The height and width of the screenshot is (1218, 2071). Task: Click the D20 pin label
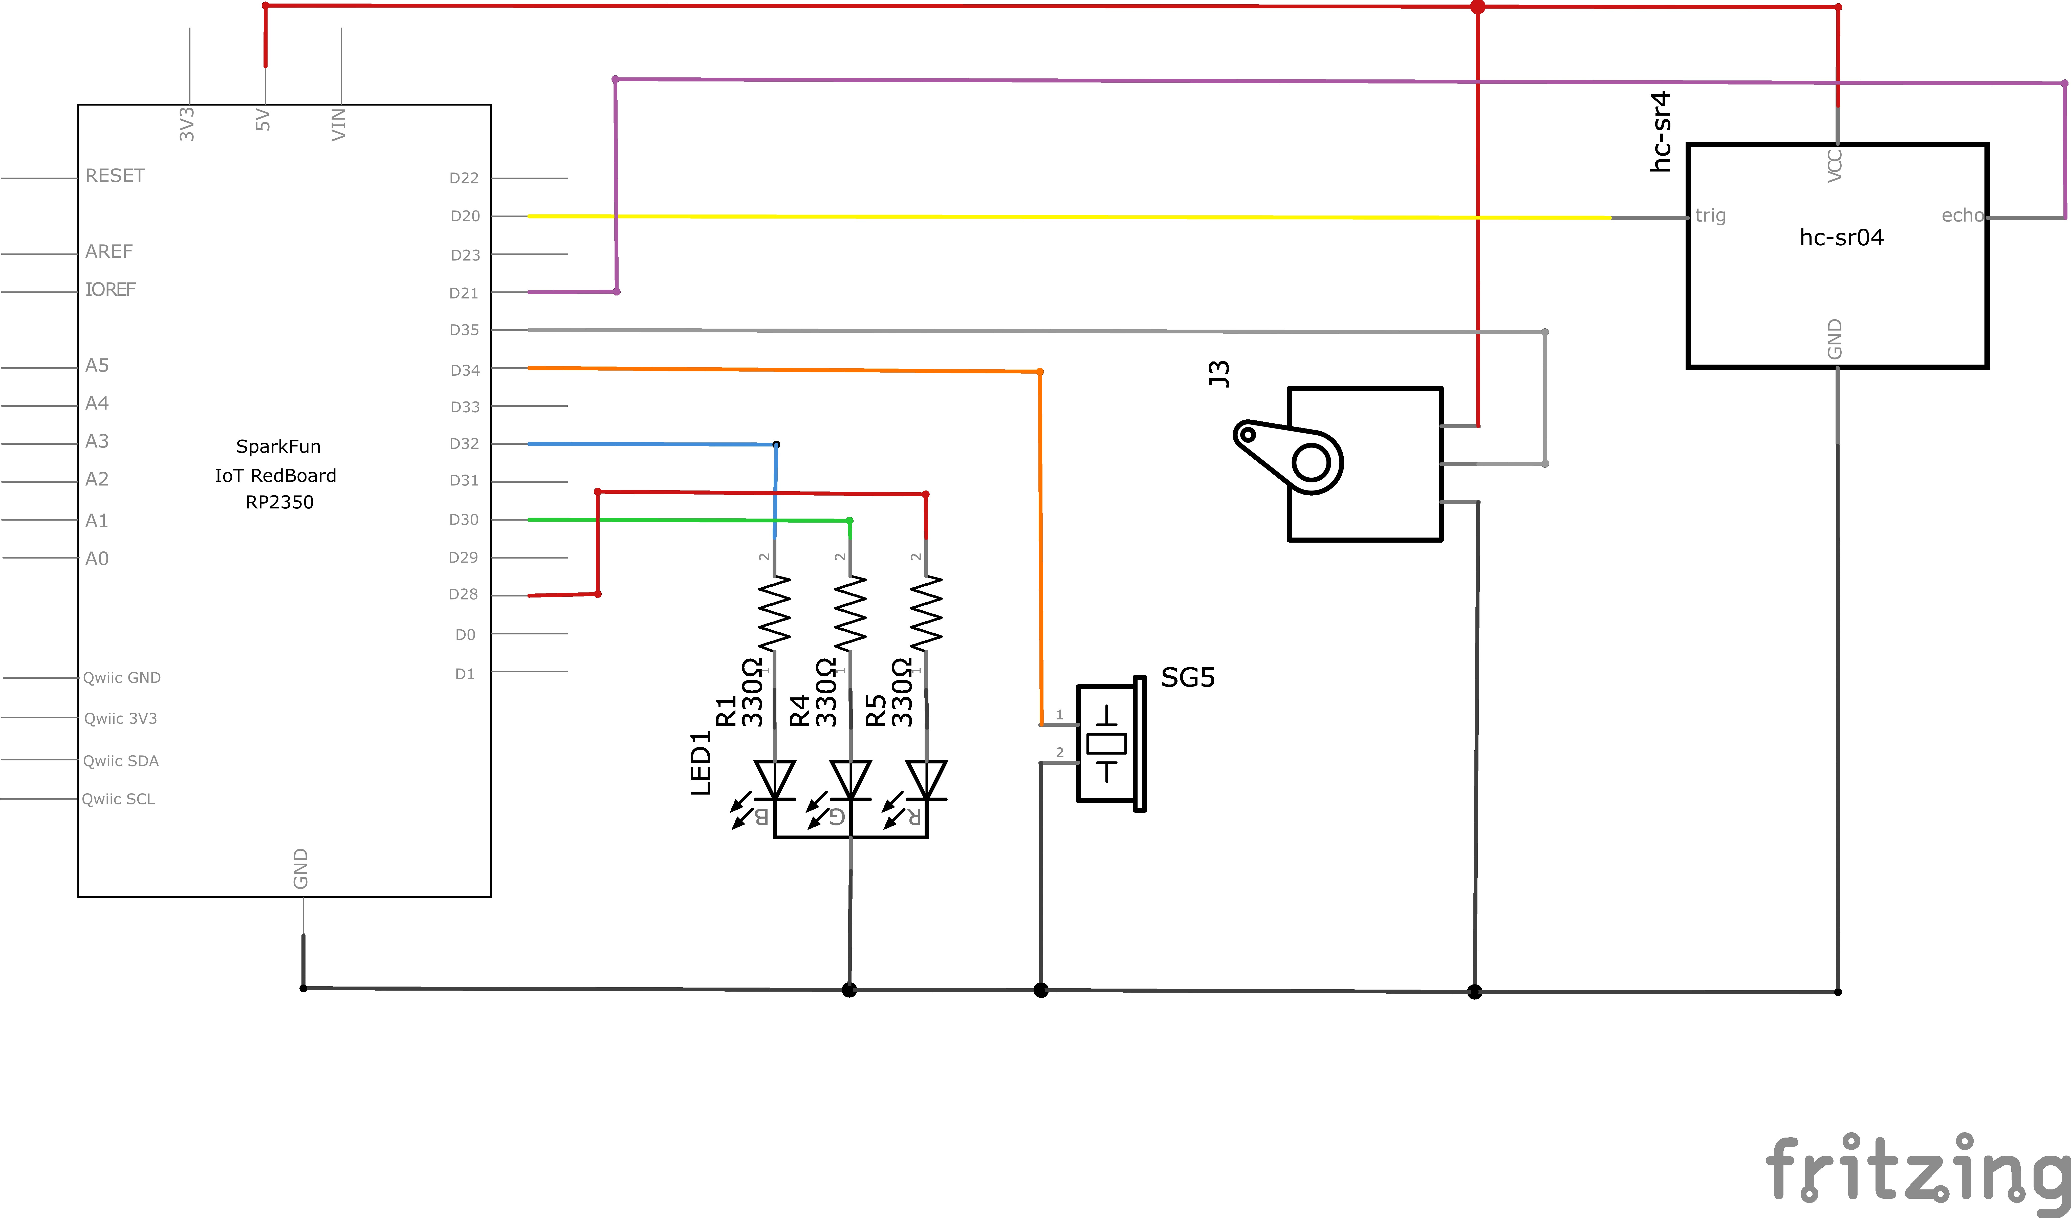(465, 216)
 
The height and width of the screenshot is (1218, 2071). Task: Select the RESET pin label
(115, 176)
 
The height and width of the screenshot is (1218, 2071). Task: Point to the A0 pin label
(97, 559)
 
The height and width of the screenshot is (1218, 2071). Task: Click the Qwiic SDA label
(121, 761)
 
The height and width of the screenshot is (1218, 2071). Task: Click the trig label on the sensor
(1710, 215)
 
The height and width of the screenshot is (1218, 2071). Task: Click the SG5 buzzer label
(1188, 678)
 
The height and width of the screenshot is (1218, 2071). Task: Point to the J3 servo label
(1219, 374)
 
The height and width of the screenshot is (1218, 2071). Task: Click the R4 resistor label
(799, 711)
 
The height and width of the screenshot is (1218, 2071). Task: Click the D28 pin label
(464, 594)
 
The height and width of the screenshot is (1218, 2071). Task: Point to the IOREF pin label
(110, 289)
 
